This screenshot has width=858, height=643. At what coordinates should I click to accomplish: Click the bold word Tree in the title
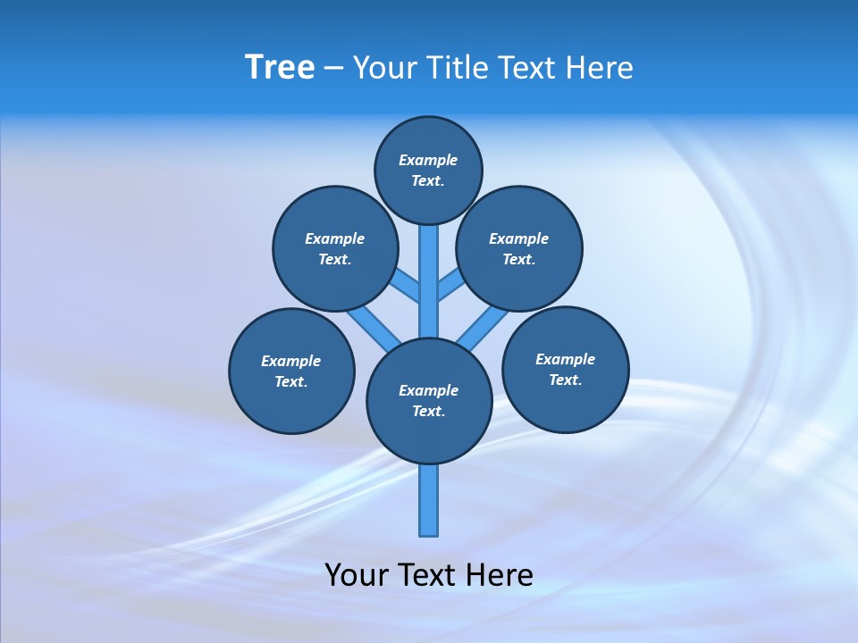(x=280, y=68)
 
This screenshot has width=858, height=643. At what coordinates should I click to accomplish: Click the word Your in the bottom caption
(x=357, y=575)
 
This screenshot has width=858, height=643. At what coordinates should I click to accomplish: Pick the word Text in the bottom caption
(x=426, y=575)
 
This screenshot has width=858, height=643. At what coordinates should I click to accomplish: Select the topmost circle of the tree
(x=428, y=170)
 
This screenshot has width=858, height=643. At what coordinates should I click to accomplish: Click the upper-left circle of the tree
(x=334, y=248)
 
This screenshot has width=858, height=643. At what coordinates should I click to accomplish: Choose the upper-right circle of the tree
(x=519, y=248)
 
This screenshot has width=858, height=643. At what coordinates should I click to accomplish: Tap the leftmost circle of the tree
(x=291, y=371)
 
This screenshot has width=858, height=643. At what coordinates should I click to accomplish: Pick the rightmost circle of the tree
(x=565, y=369)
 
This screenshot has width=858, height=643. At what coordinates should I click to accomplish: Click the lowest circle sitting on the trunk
(x=429, y=401)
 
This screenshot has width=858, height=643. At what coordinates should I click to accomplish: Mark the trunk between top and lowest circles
(x=429, y=286)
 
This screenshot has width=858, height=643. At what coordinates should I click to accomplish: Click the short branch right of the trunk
(x=450, y=286)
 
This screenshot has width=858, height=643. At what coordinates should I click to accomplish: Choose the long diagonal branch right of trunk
(x=483, y=329)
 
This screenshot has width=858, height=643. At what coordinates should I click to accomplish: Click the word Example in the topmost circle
(x=428, y=160)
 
